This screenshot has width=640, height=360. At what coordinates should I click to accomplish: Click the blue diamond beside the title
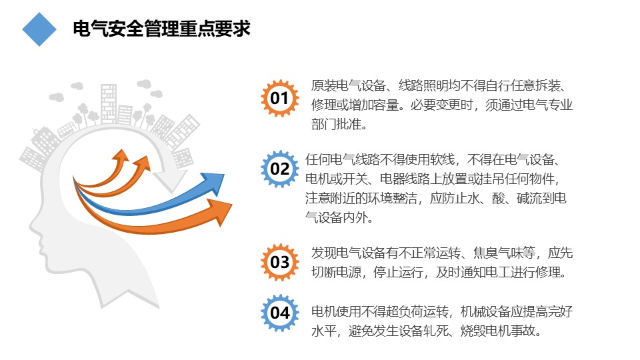pyautogui.click(x=39, y=29)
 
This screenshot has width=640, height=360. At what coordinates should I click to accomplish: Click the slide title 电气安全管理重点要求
pyautogui.click(x=161, y=29)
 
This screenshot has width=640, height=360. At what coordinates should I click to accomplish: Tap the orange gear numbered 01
pyautogui.click(x=279, y=99)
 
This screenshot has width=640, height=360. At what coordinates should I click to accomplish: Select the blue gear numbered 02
pyautogui.click(x=279, y=169)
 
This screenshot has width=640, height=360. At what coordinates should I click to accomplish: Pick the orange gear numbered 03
pyautogui.click(x=279, y=262)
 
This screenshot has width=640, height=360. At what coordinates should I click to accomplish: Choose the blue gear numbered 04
pyautogui.click(x=279, y=313)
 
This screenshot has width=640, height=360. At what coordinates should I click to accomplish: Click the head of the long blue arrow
pyautogui.click(x=214, y=183)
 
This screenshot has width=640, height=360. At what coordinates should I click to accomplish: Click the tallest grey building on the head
pyautogui.click(x=109, y=104)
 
